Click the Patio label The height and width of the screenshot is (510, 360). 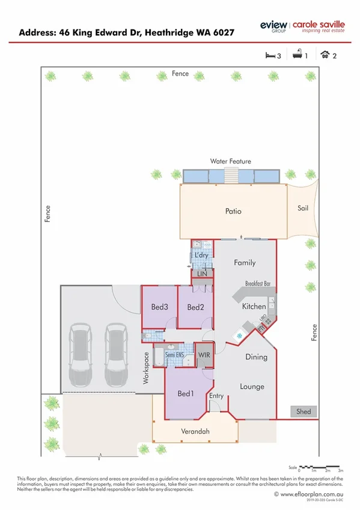233,212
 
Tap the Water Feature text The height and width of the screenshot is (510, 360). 230,162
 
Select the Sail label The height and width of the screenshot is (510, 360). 303,208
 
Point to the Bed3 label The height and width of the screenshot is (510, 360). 159,307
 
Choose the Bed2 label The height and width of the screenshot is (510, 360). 195,307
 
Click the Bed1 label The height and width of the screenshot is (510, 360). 185,394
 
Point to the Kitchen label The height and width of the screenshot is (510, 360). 254,307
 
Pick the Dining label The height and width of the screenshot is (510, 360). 256,357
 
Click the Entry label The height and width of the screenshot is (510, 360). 216,396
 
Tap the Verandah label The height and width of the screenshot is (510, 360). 195,432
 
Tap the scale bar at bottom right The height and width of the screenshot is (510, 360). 323,466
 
